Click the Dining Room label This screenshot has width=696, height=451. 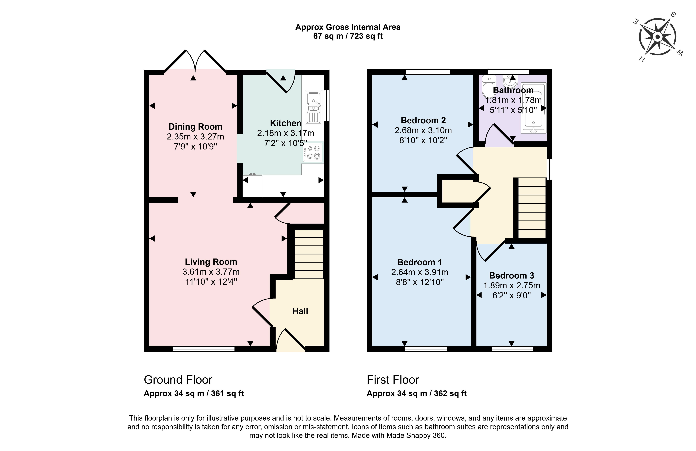tap(195, 127)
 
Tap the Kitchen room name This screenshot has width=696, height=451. tap(285, 123)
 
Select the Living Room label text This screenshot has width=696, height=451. tap(211, 262)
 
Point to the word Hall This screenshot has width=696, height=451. tap(300, 311)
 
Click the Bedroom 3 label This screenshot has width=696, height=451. tap(512, 276)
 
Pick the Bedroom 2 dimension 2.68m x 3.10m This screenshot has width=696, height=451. tap(423, 130)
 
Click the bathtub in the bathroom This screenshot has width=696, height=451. tap(534, 108)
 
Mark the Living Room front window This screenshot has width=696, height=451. tap(204, 349)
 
